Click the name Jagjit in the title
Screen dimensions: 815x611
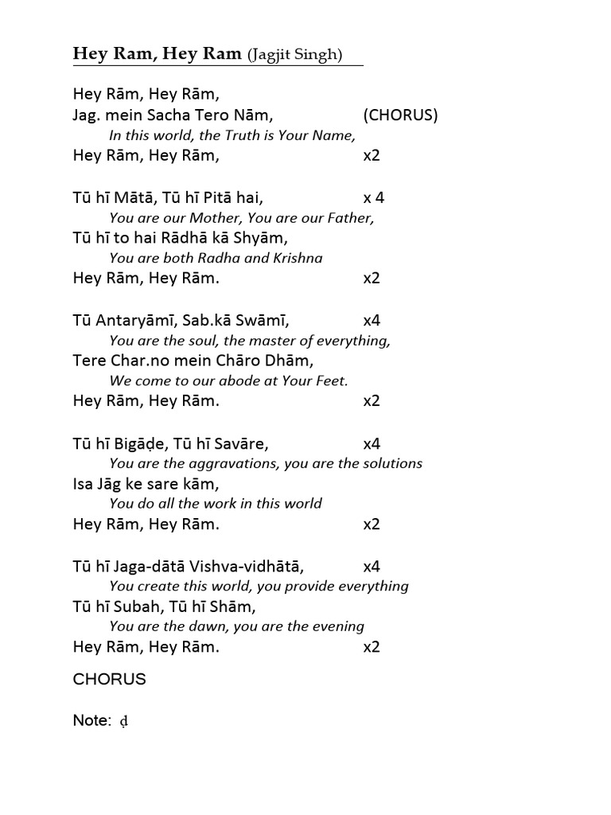click(270, 55)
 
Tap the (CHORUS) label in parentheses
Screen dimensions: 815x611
click(400, 115)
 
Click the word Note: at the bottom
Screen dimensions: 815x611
click(91, 720)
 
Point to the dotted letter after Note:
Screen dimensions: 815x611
click(123, 721)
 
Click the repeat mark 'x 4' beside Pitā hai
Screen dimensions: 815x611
click(373, 197)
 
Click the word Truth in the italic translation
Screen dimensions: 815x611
click(224, 135)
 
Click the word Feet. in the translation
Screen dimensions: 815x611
click(331, 380)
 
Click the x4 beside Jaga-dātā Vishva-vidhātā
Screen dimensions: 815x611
click(372, 567)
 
